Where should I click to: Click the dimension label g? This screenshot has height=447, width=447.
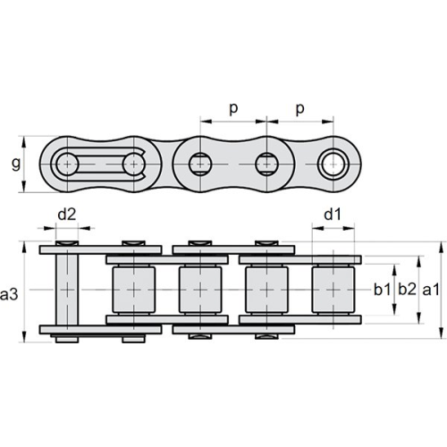click(x=16, y=164)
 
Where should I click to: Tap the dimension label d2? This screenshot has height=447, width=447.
click(x=67, y=215)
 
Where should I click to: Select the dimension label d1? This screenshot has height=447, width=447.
click(x=332, y=215)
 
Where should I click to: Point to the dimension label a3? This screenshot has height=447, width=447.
click(x=9, y=294)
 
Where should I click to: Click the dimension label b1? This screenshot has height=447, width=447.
click(x=383, y=290)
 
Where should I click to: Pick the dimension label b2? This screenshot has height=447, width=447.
click(x=407, y=290)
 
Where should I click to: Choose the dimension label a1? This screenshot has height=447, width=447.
click(x=431, y=290)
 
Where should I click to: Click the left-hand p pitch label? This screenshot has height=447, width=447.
click(x=233, y=109)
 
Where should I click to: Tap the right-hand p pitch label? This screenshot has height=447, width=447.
click(x=300, y=109)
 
